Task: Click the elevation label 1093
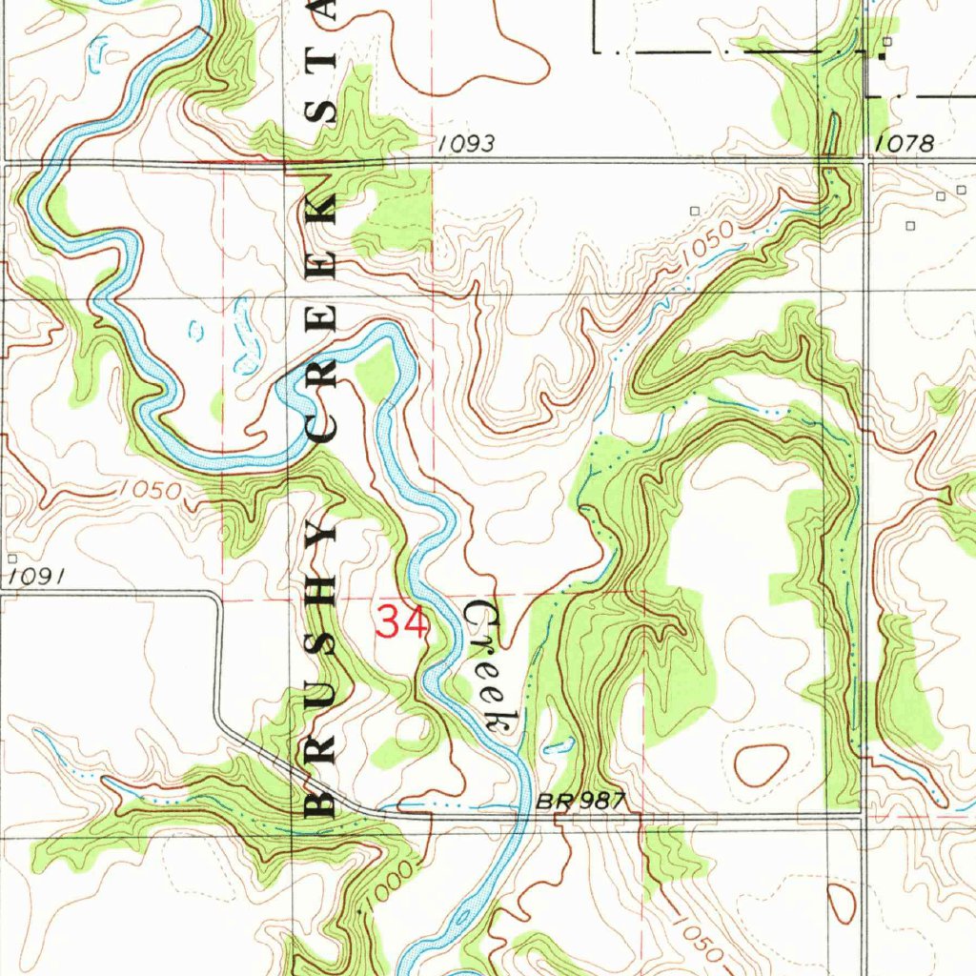[466, 144]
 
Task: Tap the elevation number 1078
[905, 143]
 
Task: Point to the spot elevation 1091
[37, 577]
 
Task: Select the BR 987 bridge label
[579, 802]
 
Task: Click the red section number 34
[401, 624]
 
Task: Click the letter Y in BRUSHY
[322, 540]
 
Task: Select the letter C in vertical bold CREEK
[322, 428]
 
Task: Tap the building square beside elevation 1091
[11, 559]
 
